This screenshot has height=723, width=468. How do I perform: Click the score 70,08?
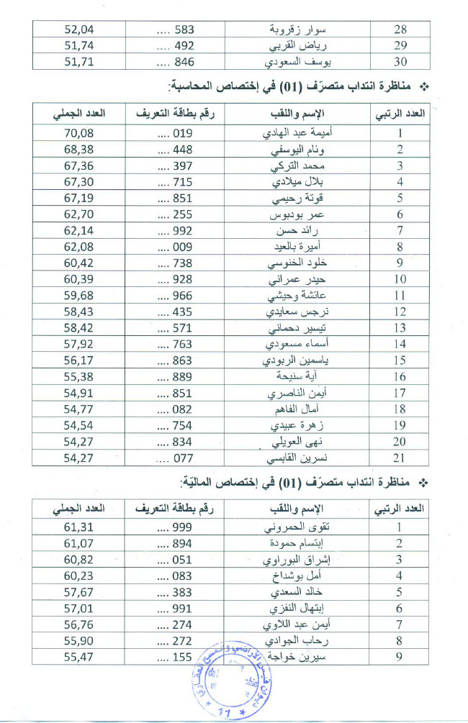coord(79,133)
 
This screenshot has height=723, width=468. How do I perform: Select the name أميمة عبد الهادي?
coord(297,133)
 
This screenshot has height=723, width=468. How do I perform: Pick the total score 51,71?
coord(79,63)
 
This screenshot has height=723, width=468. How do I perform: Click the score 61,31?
coord(79,527)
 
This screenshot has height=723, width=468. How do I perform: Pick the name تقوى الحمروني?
coord(297,527)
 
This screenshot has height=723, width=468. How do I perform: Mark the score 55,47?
coord(79,657)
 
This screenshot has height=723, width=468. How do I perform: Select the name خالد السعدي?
coord(297,592)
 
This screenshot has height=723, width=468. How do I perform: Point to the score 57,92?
coord(79,345)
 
